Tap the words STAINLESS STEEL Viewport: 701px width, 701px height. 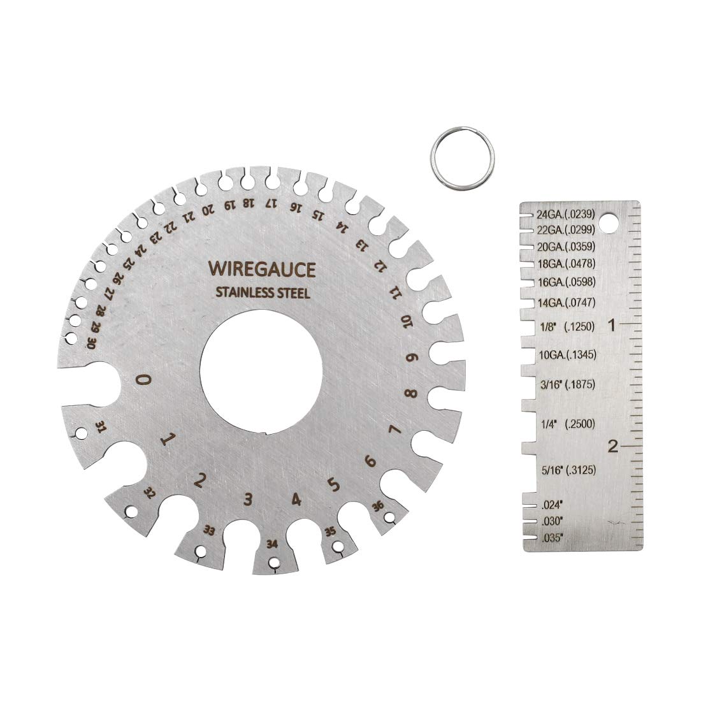263,294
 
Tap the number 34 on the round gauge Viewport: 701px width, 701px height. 273,544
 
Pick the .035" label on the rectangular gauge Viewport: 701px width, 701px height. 551,538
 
